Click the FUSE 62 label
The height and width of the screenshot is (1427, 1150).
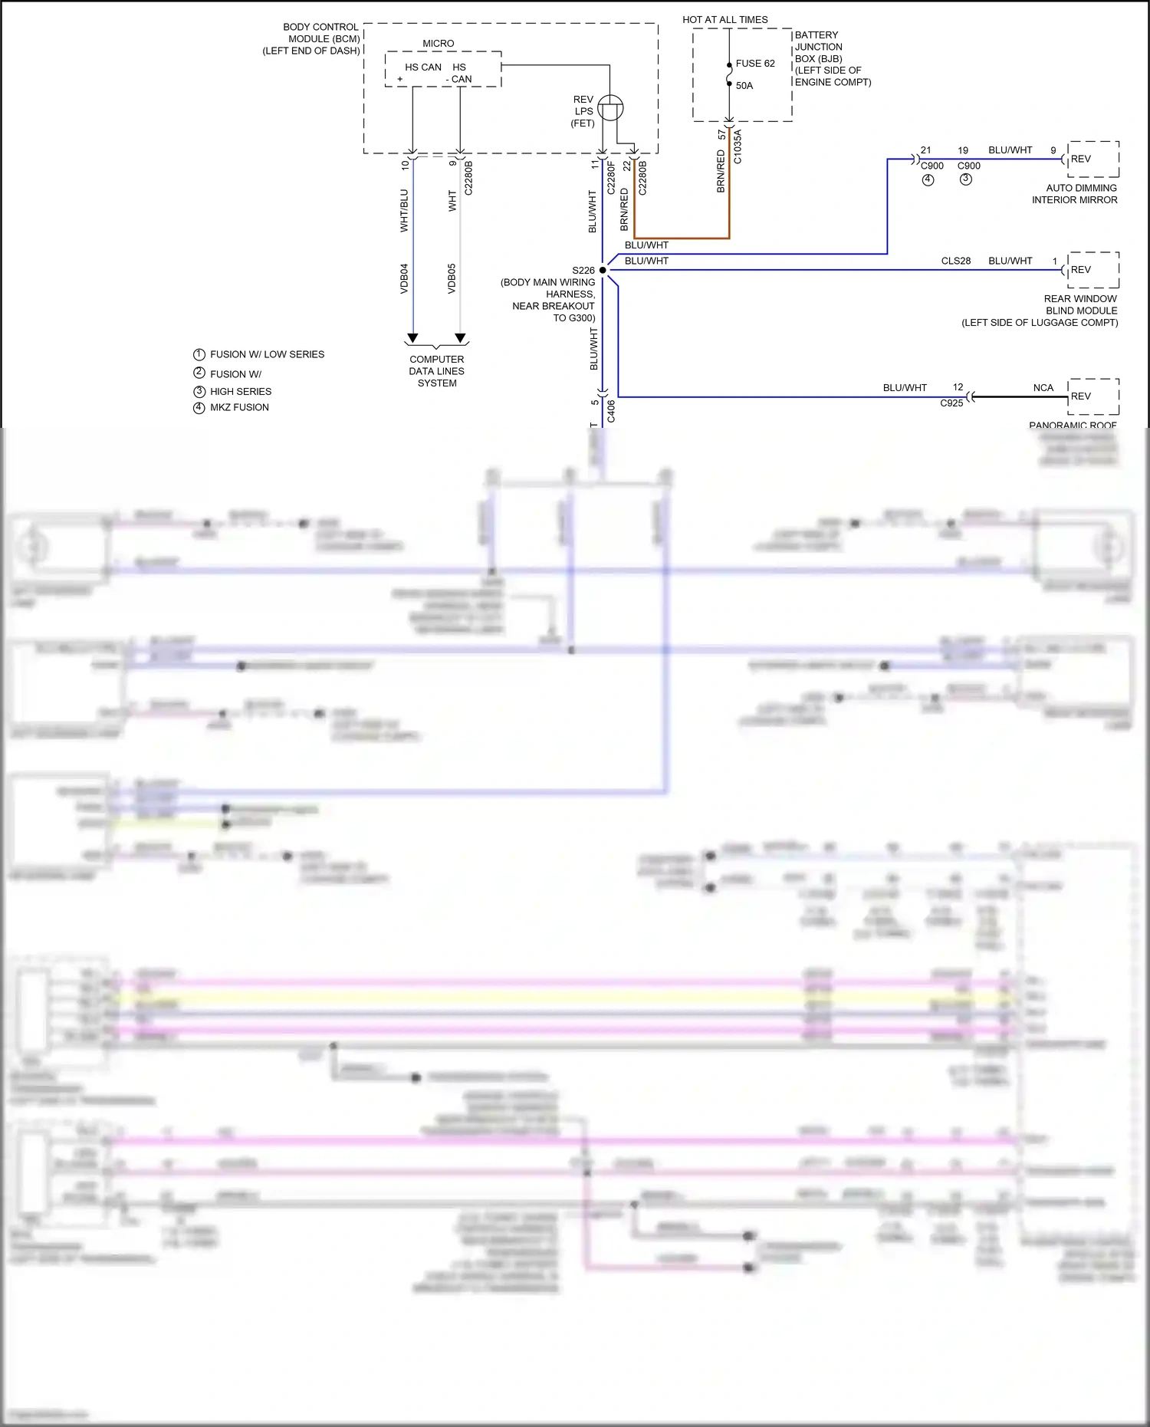pyautogui.click(x=754, y=64)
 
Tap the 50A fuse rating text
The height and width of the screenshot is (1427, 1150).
pyautogui.click(x=744, y=86)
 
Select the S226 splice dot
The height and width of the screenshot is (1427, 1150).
pyautogui.click(x=603, y=270)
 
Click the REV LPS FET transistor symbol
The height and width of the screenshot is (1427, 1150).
pyautogui.click(x=610, y=108)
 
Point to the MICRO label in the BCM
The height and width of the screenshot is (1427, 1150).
pyautogui.click(x=438, y=44)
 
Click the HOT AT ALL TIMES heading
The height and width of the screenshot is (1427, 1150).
pyautogui.click(x=724, y=20)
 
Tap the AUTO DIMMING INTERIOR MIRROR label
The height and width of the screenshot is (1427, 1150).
pyautogui.click(x=1075, y=194)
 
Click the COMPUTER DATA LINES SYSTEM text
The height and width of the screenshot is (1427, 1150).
pyautogui.click(x=436, y=371)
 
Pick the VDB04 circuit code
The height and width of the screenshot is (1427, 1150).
pyautogui.click(x=404, y=278)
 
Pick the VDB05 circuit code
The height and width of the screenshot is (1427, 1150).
pyautogui.click(x=452, y=278)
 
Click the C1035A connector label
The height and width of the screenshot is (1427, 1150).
pyautogui.click(x=738, y=146)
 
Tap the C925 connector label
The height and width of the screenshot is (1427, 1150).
pyautogui.click(x=951, y=403)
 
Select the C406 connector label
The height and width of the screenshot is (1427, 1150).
pyautogui.click(x=611, y=411)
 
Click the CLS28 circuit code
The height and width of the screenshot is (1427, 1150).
pyautogui.click(x=955, y=261)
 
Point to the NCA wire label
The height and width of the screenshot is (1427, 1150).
pyautogui.click(x=1043, y=388)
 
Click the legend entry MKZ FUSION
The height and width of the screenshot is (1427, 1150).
pyautogui.click(x=239, y=407)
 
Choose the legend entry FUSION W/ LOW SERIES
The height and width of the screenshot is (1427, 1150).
pyautogui.click(x=267, y=354)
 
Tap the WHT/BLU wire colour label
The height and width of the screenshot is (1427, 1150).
pyautogui.click(x=404, y=210)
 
